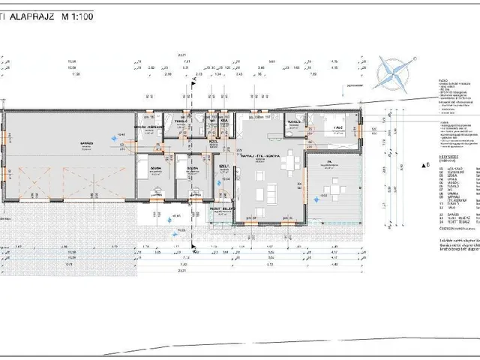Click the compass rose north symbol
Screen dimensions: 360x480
click(x=394, y=69)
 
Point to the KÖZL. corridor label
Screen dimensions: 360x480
click(x=214, y=140)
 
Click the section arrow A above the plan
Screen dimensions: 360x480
click(x=194, y=76)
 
